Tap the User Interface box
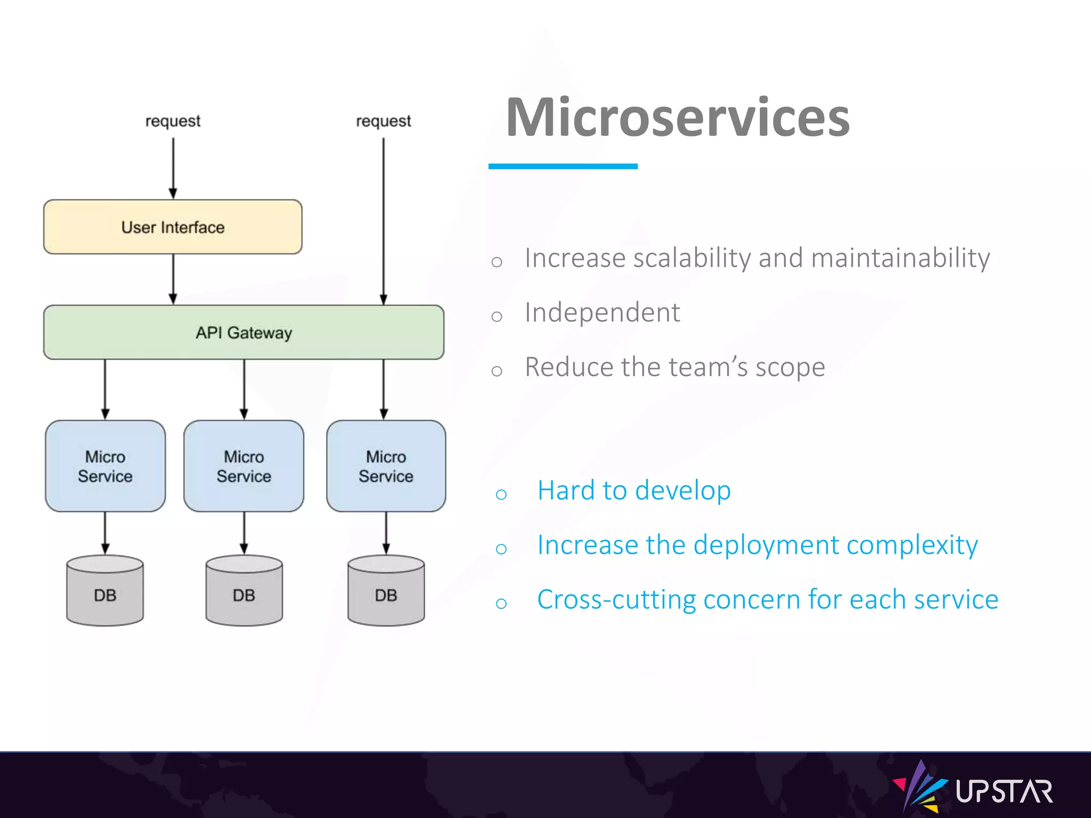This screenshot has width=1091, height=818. click(173, 227)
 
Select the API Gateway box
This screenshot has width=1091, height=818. click(243, 332)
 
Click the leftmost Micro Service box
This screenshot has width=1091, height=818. click(105, 466)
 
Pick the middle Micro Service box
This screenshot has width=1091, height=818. click(243, 466)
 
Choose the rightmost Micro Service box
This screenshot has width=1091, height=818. click(386, 466)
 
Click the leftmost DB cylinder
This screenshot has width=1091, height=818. click(105, 591)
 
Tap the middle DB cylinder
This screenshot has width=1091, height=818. click(244, 591)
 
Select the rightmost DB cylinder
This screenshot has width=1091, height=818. click(386, 591)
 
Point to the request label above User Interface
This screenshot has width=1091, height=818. click(173, 121)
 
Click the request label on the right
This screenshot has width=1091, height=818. click(383, 121)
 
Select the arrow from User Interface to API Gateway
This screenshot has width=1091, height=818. click(173, 279)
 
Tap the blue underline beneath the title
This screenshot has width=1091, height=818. click(563, 167)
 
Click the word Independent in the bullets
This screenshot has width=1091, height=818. click(602, 313)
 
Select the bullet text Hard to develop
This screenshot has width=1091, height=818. click(634, 490)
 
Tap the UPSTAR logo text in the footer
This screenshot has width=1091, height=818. click(1004, 792)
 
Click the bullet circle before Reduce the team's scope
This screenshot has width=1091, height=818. click(496, 371)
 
